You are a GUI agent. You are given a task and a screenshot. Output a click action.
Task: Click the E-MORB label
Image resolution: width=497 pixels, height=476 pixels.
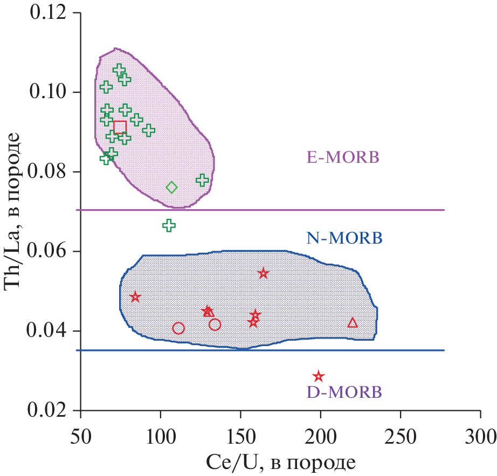point(343,157)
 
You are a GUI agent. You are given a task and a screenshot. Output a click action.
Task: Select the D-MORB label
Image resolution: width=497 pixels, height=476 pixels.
point(344,392)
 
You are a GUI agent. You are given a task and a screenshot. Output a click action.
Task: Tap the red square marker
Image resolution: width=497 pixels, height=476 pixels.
point(120,127)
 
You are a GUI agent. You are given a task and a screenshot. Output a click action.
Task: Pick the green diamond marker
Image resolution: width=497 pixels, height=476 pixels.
point(171,188)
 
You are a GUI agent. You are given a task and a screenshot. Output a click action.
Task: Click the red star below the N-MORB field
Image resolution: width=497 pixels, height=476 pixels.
point(319,376)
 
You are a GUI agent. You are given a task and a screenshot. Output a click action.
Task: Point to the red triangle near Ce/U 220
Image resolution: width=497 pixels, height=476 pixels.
point(353,323)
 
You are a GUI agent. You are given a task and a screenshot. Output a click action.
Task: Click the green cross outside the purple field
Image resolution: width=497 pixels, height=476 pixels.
point(169,225)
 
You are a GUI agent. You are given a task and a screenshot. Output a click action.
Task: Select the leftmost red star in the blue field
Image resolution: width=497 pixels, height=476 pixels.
point(135,297)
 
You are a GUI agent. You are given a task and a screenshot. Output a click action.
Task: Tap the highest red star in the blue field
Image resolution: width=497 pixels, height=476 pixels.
point(263,273)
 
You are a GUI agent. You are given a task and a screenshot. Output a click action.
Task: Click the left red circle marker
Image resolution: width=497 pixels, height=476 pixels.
point(178,328)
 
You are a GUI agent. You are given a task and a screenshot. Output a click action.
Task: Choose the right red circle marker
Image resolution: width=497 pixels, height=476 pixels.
point(215,325)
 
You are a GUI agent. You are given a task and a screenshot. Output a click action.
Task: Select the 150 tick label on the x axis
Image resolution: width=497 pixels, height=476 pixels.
point(240,434)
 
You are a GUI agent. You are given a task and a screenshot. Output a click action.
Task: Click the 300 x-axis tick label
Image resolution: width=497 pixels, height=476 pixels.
point(480,434)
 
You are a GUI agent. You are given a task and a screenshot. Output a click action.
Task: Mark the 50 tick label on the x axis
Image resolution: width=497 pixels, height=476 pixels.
point(80,434)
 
